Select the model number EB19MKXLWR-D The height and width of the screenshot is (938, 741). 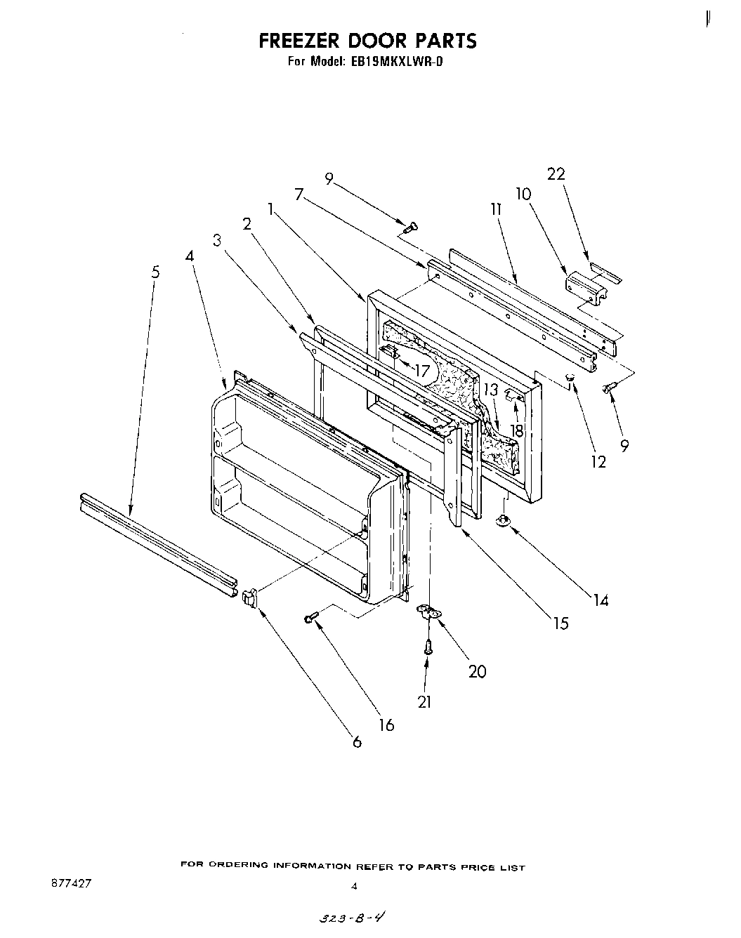point(393,61)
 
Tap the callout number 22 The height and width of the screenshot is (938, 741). point(556,173)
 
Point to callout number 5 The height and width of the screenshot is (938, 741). point(155,272)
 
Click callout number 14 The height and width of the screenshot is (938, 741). point(600,600)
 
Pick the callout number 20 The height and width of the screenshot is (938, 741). point(477,671)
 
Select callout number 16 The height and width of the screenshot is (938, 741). point(386,725)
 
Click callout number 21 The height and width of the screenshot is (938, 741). point(424,701)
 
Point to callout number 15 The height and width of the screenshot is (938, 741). point(560,623)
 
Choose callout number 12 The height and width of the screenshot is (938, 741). point(598,463)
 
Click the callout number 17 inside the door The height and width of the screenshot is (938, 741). point(421,370)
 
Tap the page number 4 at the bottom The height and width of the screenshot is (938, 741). point(354,886)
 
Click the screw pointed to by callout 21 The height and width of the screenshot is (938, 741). point(427,647)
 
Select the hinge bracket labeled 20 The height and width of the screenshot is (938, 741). point(428,612)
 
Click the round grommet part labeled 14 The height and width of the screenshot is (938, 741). point(503,521)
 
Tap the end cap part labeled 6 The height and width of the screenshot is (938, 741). point(249,598)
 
